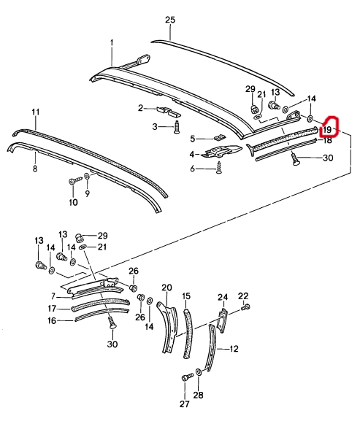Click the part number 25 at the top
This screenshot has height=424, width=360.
click(170, 20)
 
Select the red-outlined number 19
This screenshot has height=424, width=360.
click(327, 130)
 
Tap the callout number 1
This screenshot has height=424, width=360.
click(112, 43)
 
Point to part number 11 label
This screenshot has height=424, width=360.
click(36, 112)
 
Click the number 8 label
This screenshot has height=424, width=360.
click(35, 169)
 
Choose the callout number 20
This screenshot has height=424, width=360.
click(166, 288)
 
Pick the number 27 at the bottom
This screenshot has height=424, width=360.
click(185, 404)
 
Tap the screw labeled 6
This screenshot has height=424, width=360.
click(218, 167)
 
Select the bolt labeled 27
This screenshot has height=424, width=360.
click(187, 377)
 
